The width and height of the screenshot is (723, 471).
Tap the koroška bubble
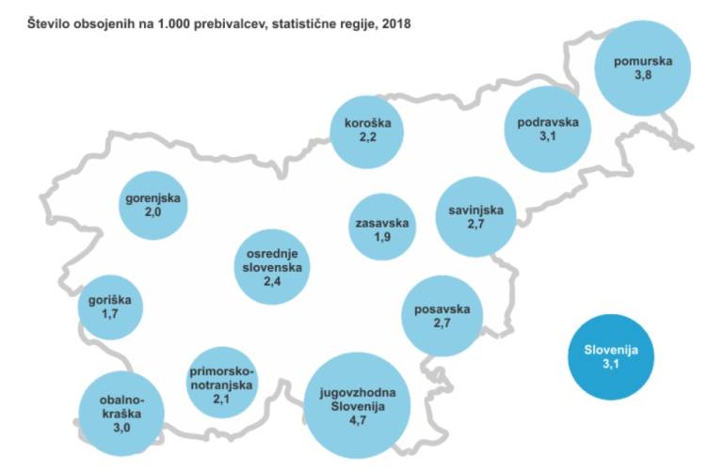[366, 130]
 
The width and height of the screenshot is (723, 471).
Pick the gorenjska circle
[153, 207]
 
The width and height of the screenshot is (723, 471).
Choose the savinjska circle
[476, 218]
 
